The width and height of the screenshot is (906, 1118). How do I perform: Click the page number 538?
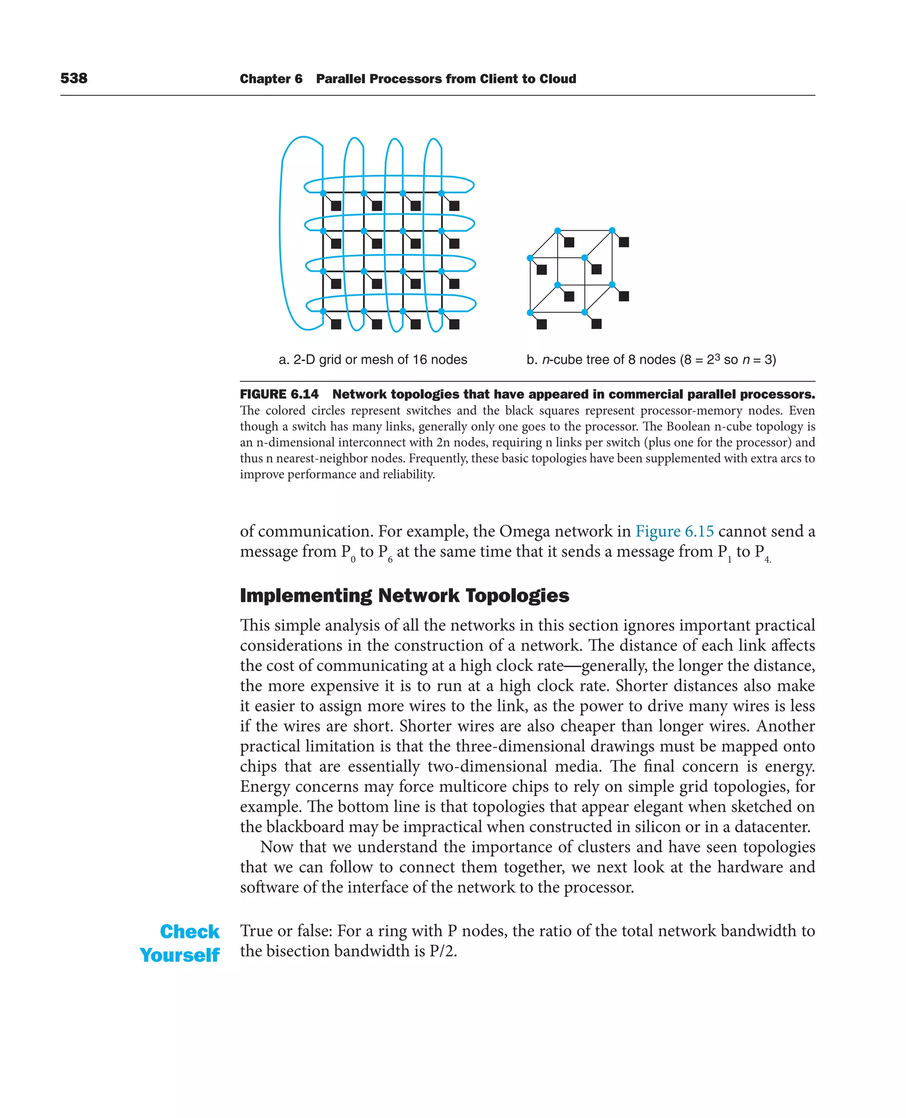pos(73,78)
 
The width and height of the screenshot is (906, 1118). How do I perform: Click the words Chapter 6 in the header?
pos(271,79)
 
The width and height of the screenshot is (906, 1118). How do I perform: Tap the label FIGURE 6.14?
pos(279,394)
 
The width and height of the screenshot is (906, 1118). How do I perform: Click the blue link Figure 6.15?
pos(674,531)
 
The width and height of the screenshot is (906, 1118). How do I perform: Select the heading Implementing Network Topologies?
pos(404,595)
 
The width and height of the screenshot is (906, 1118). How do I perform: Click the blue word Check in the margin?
pos(189,932)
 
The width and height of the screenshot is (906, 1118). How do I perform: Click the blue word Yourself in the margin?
pos(180,955)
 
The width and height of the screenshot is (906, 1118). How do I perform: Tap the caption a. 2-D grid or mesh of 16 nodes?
pos(372,360)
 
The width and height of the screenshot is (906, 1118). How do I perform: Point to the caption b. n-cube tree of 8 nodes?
pos(651,360)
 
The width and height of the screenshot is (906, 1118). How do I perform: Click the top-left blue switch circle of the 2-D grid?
pos(323,193)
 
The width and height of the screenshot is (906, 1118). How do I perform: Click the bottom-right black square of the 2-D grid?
pos(454,324)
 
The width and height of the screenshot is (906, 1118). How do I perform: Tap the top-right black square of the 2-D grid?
pos(454,206)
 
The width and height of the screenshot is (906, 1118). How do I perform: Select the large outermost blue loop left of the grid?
pos(282,235)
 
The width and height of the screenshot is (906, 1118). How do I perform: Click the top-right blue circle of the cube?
pos(612,230)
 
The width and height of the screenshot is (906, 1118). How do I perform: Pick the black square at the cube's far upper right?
pos(624,242)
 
